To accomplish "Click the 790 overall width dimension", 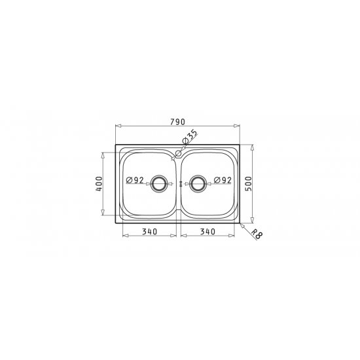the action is point(177,122).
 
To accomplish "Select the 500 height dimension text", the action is point(249,184).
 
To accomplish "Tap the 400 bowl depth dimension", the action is point(99,184).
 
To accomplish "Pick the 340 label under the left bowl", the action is point(150,232).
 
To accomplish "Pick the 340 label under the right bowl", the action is point(207,232).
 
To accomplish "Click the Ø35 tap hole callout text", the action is point(189,137).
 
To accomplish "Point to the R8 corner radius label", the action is point(257,234).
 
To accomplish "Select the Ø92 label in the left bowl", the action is point(135,180).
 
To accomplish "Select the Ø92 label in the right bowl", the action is point(223,180).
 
